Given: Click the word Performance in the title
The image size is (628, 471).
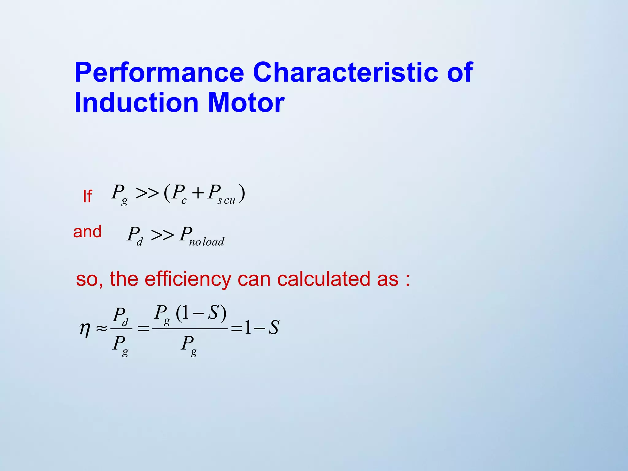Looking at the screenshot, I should [x=159, y=73].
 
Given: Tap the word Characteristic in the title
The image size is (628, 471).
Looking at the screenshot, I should [x=346, y=73].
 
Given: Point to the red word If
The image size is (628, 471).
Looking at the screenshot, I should [x=87, y=196].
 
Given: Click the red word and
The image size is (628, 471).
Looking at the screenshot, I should [x=87, y=232].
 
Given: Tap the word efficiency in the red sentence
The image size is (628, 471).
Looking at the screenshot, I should [x=188, y=279].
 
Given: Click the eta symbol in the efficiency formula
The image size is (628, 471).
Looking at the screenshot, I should [x=85, y=329].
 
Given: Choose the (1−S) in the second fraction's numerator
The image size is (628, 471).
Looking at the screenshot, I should [x=201, y=313].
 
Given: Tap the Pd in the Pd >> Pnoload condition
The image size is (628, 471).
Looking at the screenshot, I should [x=135, y=235].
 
